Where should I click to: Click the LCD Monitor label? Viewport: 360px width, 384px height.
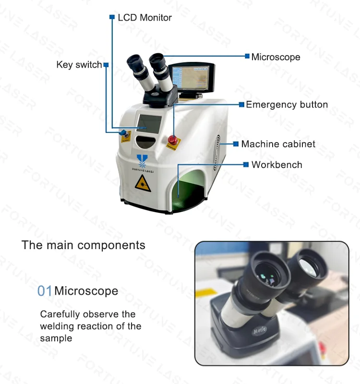(x=144, y=18)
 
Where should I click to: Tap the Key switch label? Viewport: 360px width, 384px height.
(x=79, y=65)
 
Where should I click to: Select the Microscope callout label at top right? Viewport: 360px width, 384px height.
(x=276, y=57)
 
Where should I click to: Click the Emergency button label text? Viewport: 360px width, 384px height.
(x=287, y=105)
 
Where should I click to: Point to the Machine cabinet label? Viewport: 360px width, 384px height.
(x=278, y=144)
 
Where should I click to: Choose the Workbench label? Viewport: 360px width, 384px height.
(x=276, y=165)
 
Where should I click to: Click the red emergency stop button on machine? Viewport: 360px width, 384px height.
(x=172, y=139)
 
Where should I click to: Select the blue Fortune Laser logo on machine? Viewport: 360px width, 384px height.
(x=142, y=160)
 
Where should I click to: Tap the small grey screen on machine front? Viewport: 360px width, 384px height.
(x=149, y=123)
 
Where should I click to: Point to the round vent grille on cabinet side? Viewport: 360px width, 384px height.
(x=219, y=144)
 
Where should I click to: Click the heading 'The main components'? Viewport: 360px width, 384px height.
(x=83, y=245)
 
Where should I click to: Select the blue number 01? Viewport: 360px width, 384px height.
(x=45, y=291)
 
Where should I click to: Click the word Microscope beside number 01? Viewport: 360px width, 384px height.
(x=86, y=291)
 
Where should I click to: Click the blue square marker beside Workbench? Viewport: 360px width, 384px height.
(x=246, y=165)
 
